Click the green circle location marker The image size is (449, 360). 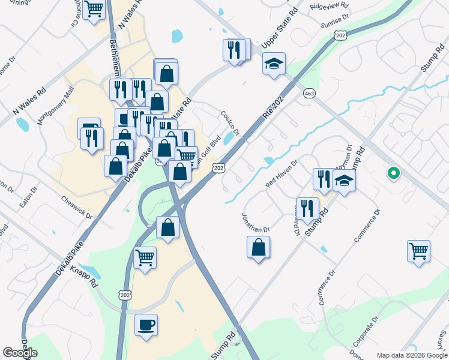click(394, 174)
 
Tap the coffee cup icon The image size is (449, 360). click(146, 325)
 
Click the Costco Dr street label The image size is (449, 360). click(230, 123)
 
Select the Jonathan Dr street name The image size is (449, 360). click(256, 221)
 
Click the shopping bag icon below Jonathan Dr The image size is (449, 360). click(258, 247)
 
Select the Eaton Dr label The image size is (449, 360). click(28, 196)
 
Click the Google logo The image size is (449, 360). click(20, 353)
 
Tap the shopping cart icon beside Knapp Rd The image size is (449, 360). click(145, 258)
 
